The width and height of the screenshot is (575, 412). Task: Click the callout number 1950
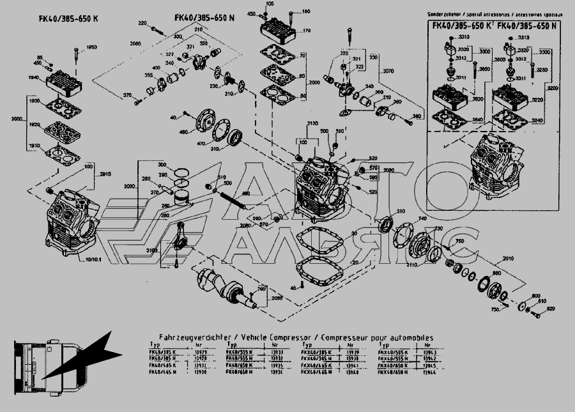92,47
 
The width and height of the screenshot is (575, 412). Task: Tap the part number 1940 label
33,77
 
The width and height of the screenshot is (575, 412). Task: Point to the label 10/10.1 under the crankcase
94,261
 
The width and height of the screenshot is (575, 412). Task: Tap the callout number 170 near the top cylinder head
306,30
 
